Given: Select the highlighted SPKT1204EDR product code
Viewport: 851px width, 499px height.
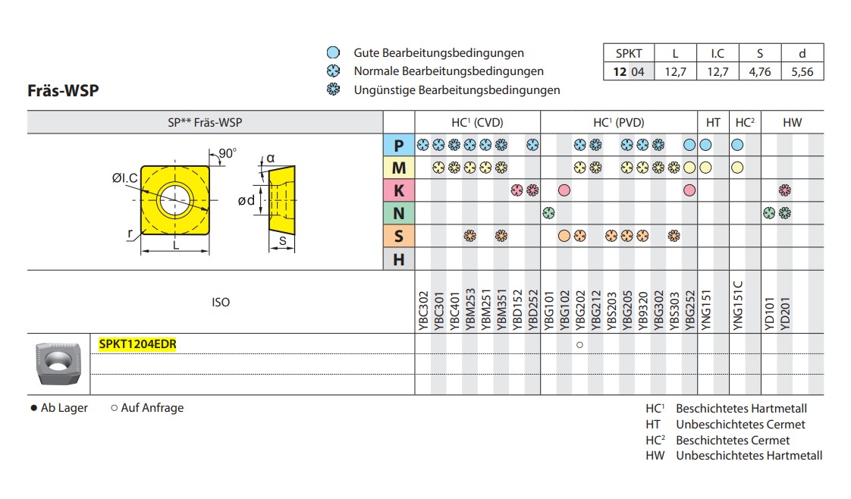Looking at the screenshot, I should pos(137,344).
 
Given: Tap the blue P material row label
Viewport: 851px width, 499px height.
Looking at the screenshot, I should pos(398,145).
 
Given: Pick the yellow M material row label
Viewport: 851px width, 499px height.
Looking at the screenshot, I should pos(398,168).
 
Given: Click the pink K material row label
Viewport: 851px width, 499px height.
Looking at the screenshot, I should pos(398,190).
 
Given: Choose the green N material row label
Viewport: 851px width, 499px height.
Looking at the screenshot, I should pos(398,214).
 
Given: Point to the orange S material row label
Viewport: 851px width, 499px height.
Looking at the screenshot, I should pos(398,237).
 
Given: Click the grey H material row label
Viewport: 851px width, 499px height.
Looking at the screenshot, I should pos(398,259).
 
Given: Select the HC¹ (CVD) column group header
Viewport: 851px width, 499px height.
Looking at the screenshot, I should pos(477,122).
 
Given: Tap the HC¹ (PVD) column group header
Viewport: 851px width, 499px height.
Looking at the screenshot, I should pos(618,122).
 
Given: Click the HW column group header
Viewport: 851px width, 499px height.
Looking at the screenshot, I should pos(792,122).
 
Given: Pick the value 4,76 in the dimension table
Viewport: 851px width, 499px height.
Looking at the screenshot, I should pos(760,72).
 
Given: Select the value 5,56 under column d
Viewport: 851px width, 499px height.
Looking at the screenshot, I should pos(802,72).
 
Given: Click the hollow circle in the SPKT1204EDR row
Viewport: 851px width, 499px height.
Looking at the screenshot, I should pos(579,345).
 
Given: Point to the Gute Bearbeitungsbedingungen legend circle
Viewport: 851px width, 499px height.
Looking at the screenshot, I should pos(332,53).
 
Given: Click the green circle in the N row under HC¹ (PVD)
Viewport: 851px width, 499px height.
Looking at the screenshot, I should pos(548,214).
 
